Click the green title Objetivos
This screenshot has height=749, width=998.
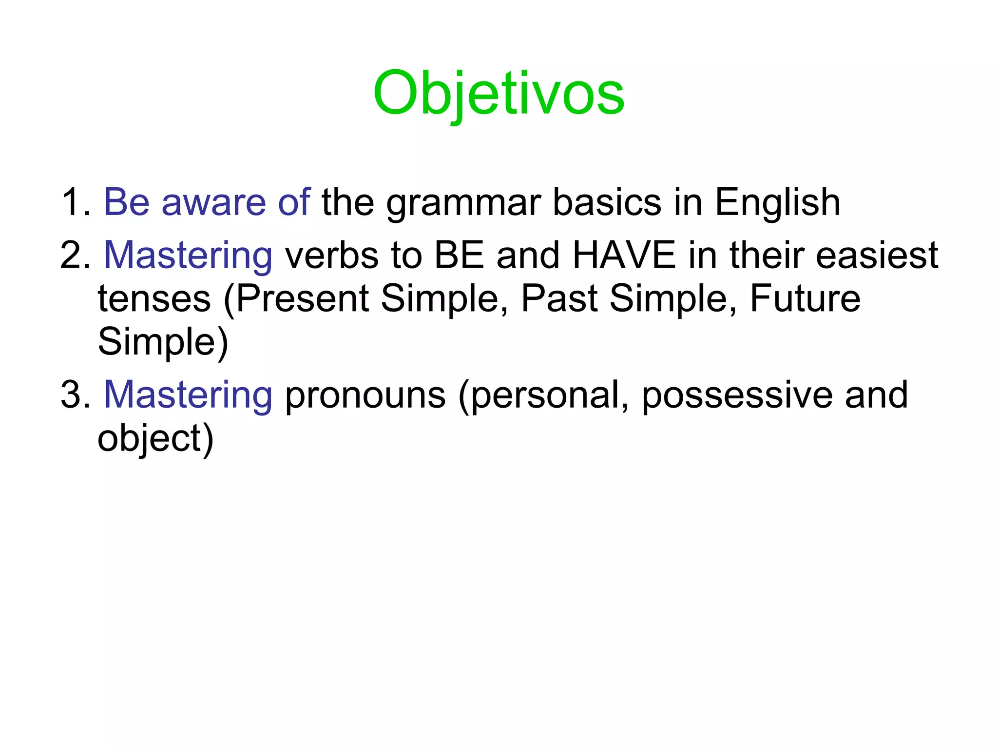click(x=499, y=93)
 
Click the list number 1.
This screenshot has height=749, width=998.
click(x=76, y=202)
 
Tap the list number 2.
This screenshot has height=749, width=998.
click(x=76, y=255)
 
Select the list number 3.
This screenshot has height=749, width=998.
click(x=76, y=394)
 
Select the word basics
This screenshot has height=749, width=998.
click(x=607, y=202)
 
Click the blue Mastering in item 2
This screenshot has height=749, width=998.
click(x=188, y=256)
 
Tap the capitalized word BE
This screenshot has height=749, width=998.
click(x=459, y=255)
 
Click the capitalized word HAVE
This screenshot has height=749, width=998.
click(x=624, y=255)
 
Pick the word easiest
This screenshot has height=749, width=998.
click(x=877, y=255)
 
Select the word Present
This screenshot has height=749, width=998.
click(x=302, y=298)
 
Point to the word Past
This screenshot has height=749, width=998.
click(x=559, y=298)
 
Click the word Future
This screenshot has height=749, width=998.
click(x=805, y=298)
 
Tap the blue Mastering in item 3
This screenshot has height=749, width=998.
click(x=188, y=395)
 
